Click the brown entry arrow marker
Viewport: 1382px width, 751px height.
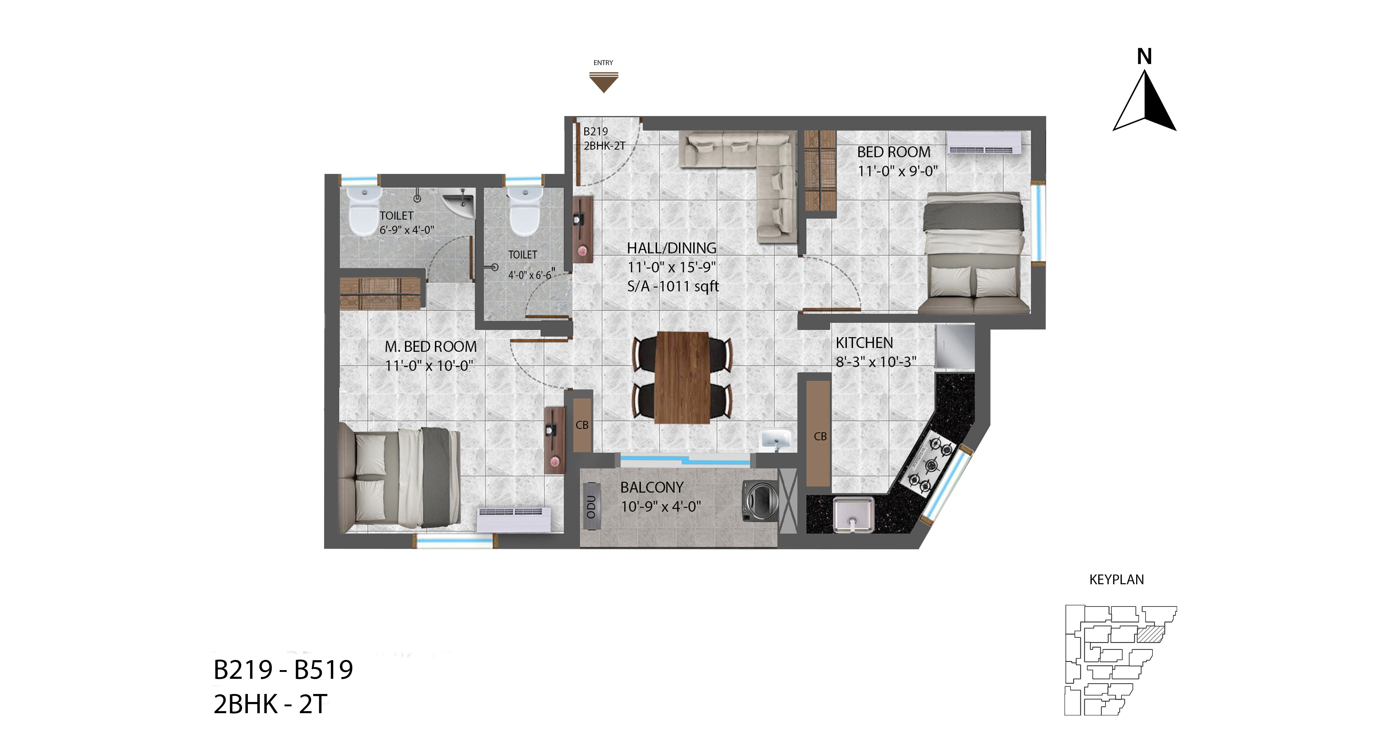pyautogui.click(x=603, y=82)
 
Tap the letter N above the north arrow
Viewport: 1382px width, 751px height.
pyautogui.click(x=1144, y=56)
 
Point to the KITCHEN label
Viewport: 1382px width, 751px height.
pyautogui.click(x=864, y=343)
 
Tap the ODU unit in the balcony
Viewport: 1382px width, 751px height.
pyautogui.click(x=591, y=506)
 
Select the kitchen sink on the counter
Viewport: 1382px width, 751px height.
pyautogui.click(x=853, y=515)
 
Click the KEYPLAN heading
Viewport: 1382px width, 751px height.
pyautogui.click(x=1116, y=579)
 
